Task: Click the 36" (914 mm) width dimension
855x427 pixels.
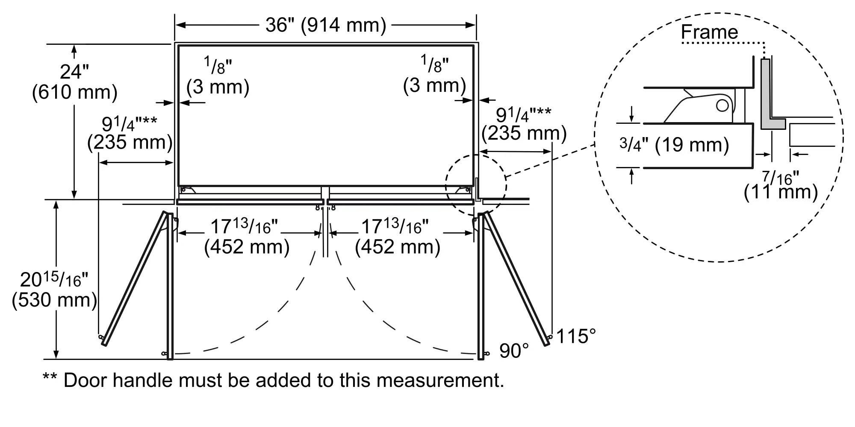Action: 325,25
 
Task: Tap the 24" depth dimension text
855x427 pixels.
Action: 74,71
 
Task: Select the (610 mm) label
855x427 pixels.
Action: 74,92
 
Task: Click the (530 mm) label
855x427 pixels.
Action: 54,300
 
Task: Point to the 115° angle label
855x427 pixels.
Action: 575,336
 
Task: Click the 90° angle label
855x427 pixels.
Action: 514,351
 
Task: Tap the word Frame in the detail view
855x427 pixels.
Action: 709,32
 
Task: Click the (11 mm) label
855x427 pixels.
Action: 781,193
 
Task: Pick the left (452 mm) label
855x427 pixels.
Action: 247,247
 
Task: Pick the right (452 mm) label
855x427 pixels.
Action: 398,247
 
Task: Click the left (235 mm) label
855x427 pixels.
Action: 130,142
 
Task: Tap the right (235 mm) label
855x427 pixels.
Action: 524,133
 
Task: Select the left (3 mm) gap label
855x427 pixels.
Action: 218,87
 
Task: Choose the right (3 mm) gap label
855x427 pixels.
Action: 434,85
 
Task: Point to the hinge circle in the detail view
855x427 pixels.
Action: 722,105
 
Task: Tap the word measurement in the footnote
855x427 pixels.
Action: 441,380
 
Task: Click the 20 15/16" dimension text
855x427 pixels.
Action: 54,280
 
